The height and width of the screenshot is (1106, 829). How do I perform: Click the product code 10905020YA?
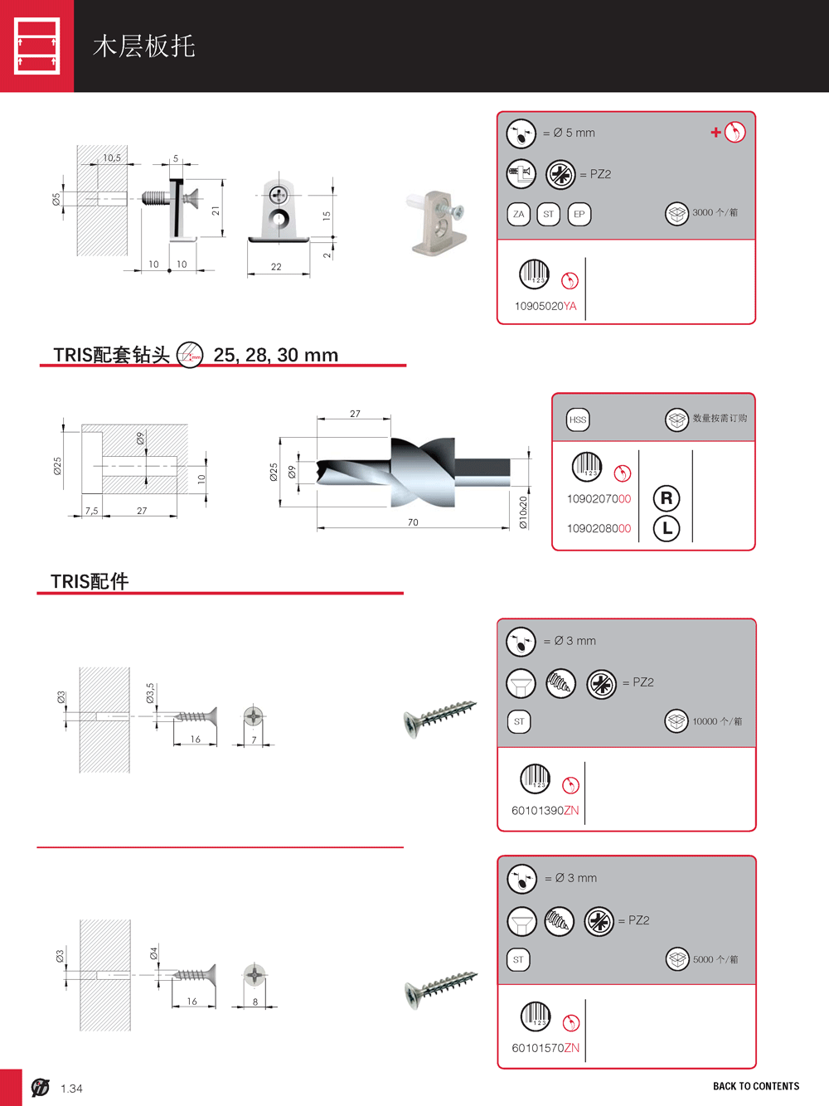(545, 306)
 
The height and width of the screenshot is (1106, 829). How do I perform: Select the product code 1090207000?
(599, 499)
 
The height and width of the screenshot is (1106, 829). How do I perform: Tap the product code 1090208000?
(599, 528)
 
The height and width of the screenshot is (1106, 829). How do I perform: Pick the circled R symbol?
(667, 498)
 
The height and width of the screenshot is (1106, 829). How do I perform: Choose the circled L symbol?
(667, 528)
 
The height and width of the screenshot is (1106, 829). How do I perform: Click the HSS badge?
(578, 420)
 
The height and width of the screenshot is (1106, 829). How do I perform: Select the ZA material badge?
(519, 214)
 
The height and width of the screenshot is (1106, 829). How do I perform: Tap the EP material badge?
(579, 214)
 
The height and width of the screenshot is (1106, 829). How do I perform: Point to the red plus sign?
(715, 132)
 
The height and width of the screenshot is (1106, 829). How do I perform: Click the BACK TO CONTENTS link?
(756, 1086)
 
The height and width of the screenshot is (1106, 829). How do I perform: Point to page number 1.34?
(71, 1089)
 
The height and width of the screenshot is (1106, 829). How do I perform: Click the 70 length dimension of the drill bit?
(413, 522)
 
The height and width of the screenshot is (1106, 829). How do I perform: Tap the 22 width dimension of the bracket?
(276, 266)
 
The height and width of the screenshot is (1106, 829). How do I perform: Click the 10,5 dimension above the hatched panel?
(112, 158)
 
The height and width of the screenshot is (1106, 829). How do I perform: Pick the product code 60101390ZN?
(545, 810)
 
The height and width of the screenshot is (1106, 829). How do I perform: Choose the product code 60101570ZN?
(545, 1048)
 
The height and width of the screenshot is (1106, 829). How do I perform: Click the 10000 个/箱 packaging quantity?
(717, 721)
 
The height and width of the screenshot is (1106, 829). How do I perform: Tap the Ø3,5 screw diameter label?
(150, 693)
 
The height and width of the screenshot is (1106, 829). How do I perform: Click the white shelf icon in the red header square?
(36, 46)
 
